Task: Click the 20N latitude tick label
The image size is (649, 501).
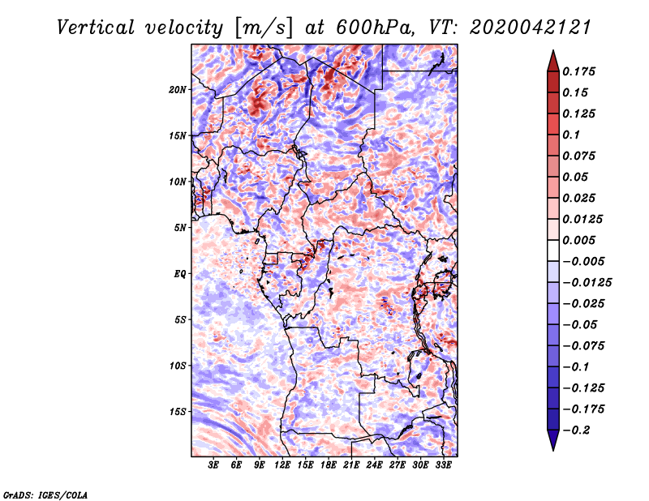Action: coord(178,89)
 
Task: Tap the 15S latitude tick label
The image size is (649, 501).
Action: coord(178,412)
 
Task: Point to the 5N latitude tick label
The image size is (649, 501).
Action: coord(180,228)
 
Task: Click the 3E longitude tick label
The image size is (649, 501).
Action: coord(214,465)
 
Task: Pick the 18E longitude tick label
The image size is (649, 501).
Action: coord(329,465)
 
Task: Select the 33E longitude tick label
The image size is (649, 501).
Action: coord(443,465)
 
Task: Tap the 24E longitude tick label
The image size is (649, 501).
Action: coord(375,465)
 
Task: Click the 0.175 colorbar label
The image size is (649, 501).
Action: coord(580,71)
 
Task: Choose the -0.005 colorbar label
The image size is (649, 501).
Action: coord(583,261)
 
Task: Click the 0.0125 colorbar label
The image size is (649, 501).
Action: coord(583,219)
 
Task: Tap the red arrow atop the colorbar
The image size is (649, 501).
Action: coord(552,59)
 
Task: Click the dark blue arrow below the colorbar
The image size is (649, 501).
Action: coord(552,441)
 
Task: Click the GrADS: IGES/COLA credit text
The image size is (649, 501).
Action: coord(45,494)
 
